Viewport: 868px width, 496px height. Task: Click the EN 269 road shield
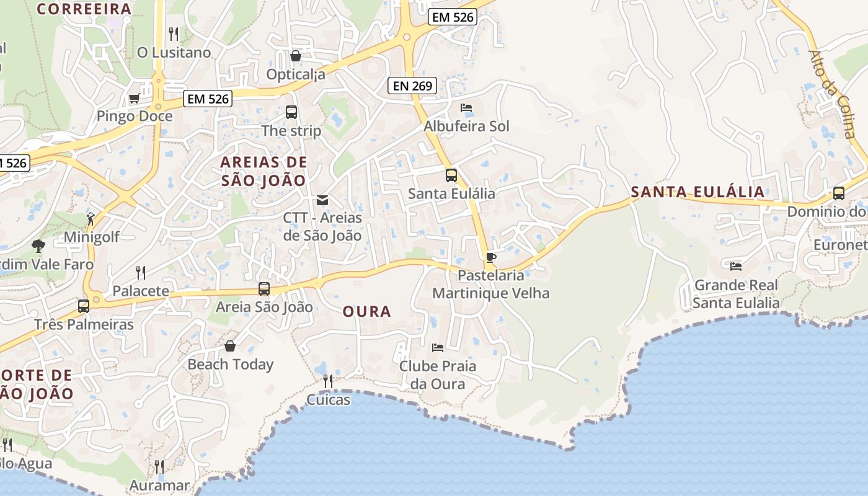(412, 86)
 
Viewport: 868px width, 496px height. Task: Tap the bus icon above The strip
(291, 112)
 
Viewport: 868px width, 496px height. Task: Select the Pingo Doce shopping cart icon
(134, 98)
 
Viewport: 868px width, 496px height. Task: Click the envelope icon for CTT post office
(322, 200)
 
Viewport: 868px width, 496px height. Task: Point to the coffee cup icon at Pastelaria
(491, 257)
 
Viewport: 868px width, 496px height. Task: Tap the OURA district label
(367, 311)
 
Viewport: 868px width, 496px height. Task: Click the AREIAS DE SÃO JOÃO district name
(264, 172)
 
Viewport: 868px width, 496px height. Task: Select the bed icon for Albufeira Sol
(466, 108)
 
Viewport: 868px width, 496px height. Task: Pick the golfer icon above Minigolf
(91, 219)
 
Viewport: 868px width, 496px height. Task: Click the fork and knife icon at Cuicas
(328, 381)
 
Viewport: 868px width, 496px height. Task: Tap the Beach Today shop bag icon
(230, 346)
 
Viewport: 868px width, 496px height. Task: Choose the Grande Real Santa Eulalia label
(736, 294)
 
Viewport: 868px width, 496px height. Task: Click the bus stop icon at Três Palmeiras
(84, 306)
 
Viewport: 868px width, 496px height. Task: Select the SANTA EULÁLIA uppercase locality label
(697, 192)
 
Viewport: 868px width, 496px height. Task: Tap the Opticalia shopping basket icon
(296, 56)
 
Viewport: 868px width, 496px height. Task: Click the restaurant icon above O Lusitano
(174, 33)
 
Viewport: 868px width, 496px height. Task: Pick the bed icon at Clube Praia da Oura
(438, 348)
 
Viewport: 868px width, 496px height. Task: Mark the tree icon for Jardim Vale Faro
(38, 246)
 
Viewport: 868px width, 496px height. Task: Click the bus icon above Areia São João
(264, 288)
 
